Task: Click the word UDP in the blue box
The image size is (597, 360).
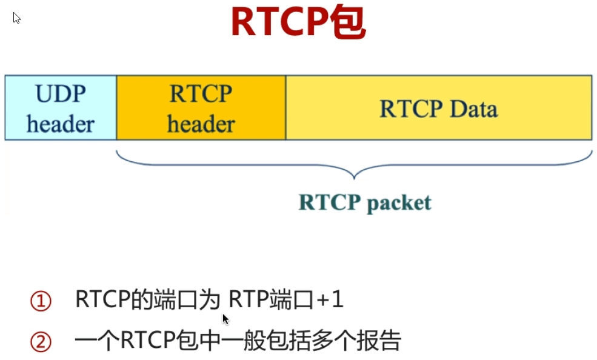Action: pyautogui.click(x=61, y=95)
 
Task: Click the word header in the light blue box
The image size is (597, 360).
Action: pyautogui.click(x=61, y=124)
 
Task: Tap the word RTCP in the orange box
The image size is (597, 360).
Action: pyautogui.click(x=201, y=95)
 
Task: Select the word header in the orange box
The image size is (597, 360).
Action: pyautogui.click(x=201, y=124)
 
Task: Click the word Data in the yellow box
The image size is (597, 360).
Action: pyautogui.click(x=473, y=109)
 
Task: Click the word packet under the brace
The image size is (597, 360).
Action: pyautogui.click(x=399, y=202)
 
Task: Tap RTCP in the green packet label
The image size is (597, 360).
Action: pyautogui.click(x=329, y=202)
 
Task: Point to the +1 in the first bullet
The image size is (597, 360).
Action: pyautogui.click(x=330, y=301)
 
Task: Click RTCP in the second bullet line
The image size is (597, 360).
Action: pyautogui.click(x=145, y=342)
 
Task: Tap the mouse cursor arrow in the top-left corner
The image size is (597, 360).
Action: pyautogui.click(x=16, y=18)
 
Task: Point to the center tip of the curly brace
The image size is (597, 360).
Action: pyautogui.click(x=355, y=178)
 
